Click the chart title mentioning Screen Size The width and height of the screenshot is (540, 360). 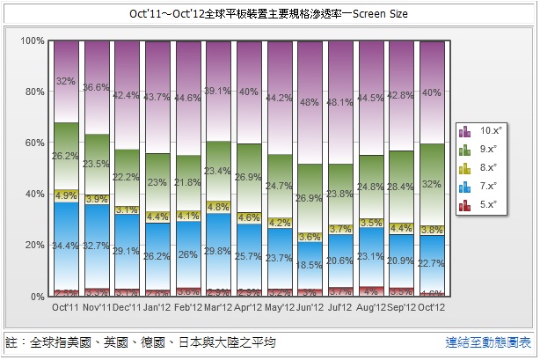pyautogui.click(x=269, y=15)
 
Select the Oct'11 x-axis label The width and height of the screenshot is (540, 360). pyautogui.click(x=67, y=308)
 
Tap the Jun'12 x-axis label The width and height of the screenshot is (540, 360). pyautogui.click(x=310, y=308)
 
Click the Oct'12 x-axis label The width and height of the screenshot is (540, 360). pyautogui.click(x=431, y=308)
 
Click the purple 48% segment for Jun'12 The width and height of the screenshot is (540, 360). pyautogui.click(x=310, y=102)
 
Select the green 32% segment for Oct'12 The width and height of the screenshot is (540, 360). pyautogui.click(x=431, y=184)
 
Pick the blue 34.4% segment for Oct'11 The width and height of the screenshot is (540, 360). pyautogui.click(x=67, y=246)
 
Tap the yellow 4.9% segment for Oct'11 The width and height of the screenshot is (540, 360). pyautogui.click(x=67, y=195)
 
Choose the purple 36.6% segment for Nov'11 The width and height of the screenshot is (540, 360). pyautogui.click(x=97, y=88)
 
